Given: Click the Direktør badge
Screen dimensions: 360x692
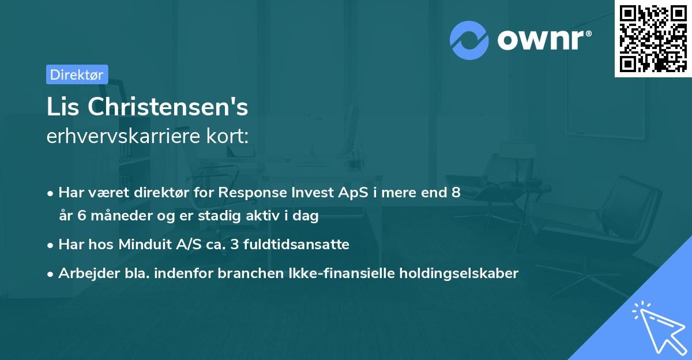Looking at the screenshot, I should click(x=77, y=74).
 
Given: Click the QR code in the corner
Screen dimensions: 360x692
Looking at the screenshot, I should click(x=653, y=39).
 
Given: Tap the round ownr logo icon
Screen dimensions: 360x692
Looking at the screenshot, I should click(x=469, y=40).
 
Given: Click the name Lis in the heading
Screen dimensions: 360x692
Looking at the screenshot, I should click(x=64, y=107).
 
